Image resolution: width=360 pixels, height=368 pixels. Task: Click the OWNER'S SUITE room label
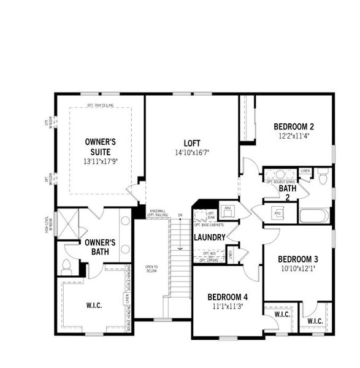pyautogui.click(x=101, y=147)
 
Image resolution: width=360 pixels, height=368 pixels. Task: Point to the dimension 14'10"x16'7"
pyautogui.click(x=191, y=151)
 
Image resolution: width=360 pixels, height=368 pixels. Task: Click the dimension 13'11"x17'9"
pyautogui.click(x=101, y=161)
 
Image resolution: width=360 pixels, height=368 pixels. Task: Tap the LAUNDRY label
pyautogui.click(x=210, y=237)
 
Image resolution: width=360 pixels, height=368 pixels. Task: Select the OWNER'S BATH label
pyautogui.click(x=101, y=246)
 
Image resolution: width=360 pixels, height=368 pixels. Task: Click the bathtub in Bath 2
pyautogui.click(x=314, y=216)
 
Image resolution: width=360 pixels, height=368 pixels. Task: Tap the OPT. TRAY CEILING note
pyautogui.click(x=101, y=105)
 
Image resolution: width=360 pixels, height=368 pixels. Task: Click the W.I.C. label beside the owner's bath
pyautogui.click(x=94, y=305)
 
